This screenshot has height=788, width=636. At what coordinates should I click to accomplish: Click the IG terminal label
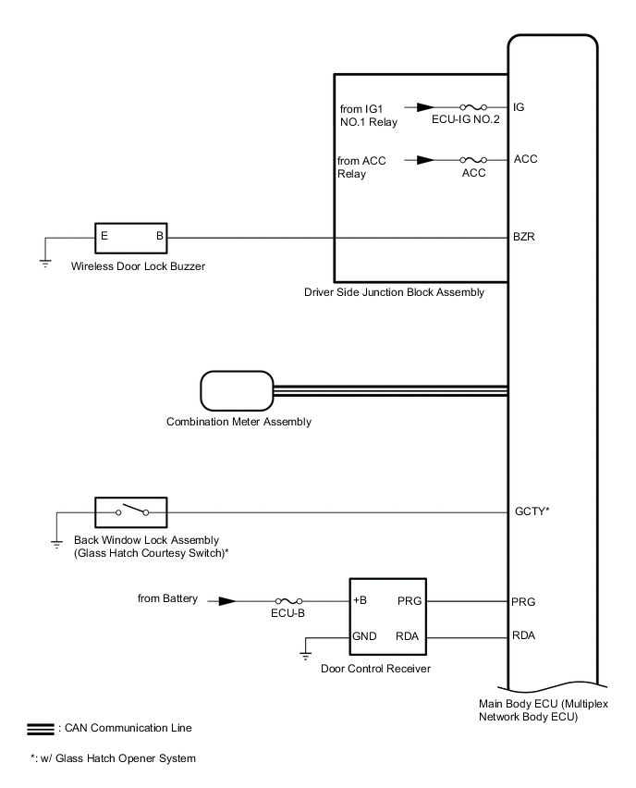pos(520,107)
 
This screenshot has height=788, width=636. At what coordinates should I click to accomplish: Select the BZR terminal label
pos(523,237)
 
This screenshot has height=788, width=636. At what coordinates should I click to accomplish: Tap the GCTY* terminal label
pos(532,510)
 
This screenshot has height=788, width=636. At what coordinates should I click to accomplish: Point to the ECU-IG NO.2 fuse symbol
pos(471,107)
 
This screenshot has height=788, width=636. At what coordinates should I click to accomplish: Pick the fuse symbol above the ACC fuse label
pos(473,160)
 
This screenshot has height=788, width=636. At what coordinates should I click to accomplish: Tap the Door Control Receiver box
pos(389,619)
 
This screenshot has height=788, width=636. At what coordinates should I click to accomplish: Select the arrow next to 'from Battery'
pos(225,601)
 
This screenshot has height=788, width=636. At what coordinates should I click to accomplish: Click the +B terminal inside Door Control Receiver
pos(361,601)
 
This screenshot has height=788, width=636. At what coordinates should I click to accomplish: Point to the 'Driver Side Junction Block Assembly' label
pos(394,292)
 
